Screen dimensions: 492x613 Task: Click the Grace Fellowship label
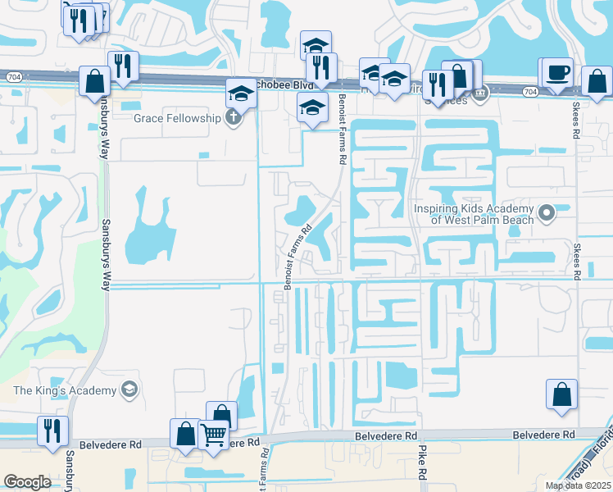pos(178,118)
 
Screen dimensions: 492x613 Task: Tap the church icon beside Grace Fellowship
pos(234,118)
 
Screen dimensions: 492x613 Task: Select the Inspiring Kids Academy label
pos(474,214)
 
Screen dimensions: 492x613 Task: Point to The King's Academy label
pos(66,390)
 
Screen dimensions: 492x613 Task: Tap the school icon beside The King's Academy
pos(129,390)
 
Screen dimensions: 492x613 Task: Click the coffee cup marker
pos(557,72)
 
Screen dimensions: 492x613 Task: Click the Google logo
pos(27,482)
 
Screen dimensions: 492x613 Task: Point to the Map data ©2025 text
pos(579,485)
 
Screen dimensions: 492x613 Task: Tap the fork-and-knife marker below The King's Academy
pos(52,430)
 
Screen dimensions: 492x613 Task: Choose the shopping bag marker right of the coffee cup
pos(597,81)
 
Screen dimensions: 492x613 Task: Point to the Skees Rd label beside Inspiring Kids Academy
pos(577,261)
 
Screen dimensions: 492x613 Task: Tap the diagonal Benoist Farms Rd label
pos(298,257)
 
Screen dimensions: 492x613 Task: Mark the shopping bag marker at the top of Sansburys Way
pos(95,80)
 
